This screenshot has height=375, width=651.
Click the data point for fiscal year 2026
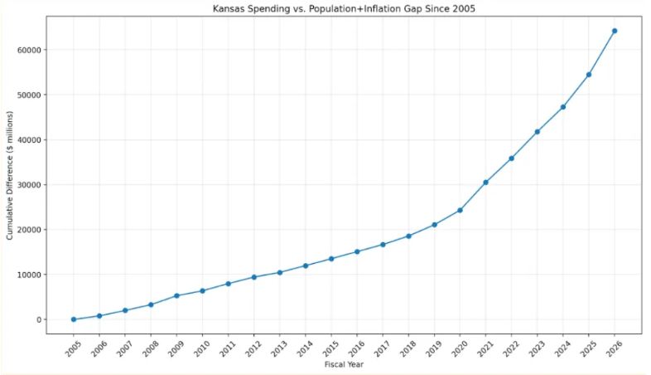[x=615, y=31]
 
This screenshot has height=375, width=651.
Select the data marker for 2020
[x=460, y=210]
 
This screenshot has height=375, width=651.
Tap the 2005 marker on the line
[x=74, y=319]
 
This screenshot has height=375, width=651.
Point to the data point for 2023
[x=538, y=132]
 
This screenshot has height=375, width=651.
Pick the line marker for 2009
[x=176, y=295]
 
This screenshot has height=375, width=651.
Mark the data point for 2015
[x=331, y=259]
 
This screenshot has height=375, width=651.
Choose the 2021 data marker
[x=485, y=183]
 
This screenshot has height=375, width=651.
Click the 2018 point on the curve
[x=408, y=236]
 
